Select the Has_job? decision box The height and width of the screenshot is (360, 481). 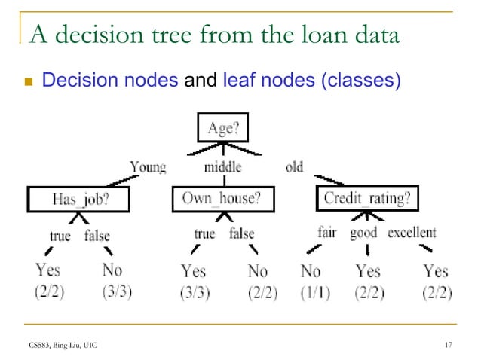coord(79,200)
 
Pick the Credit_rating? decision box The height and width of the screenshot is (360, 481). coord(366,199)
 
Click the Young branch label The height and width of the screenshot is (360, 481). coord(147,167)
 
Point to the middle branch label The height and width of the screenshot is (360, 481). coord(222,167)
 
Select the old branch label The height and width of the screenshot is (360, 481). coord(294,167)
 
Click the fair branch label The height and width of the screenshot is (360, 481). coord(326,233)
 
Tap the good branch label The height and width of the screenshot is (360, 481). coord(364,233)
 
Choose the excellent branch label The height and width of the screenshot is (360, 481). coord(412,233)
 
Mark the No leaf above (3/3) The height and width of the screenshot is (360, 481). coord(112,270)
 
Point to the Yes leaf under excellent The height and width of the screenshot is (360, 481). coord(435,270)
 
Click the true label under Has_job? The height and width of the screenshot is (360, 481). coord(60,236)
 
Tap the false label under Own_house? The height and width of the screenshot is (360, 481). coord(241,233)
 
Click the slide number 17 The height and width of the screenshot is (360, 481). coord(449,345)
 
